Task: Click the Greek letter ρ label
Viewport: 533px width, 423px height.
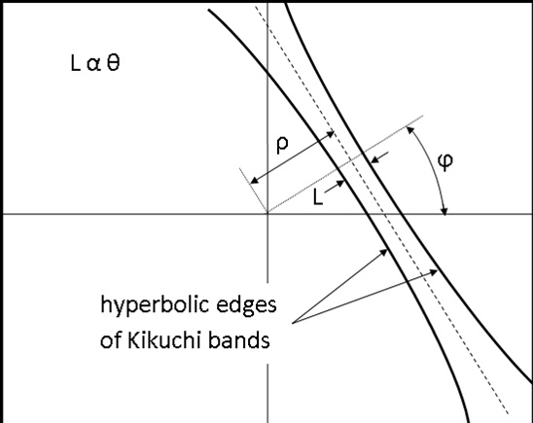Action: pyautogui.click(x=282, y=145)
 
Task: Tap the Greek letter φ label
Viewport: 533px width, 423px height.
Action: pyautogui.click(x=445, y=160)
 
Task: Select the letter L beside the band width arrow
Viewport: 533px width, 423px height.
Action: pyautogui.click(x=317, y=197)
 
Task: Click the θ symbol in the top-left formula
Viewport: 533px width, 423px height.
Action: pyautogui.click(x=114, y=63)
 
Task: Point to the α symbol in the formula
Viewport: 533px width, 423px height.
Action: pyautogui.click(x=93, y=64)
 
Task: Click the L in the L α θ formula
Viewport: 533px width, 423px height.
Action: pyautogui.click(x=75, y=63)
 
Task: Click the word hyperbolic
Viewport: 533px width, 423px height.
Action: pyautogui.click(x=155, y=305)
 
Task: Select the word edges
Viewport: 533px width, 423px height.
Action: pyautogui.click(x=246, y=304)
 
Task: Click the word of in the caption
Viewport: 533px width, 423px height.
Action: pyautogui.click(x=111, y=339)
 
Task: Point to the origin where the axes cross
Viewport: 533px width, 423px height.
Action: pyautogui.click(x=267, y=214)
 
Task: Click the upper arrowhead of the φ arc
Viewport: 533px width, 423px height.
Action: pyautogui.click(x=409, y=129)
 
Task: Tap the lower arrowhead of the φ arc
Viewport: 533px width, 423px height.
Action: pyautogui.click(x=444, y=211)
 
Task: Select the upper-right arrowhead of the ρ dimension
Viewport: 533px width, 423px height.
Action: pyautogui.click(x=331, y=133)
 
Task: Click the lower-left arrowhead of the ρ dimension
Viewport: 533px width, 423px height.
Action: pyautogui.click(x=254, y=181)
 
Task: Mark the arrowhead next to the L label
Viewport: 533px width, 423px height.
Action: pyautogui.click(x=341, y=183)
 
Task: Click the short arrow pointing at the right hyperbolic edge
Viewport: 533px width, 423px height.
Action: pyautogui.click(x=379, y=157)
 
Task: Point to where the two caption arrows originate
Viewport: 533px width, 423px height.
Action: pyautogui.click(x=293, y=323)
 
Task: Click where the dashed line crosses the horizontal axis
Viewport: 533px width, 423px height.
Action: pyautogui.click(x=384, y=214)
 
